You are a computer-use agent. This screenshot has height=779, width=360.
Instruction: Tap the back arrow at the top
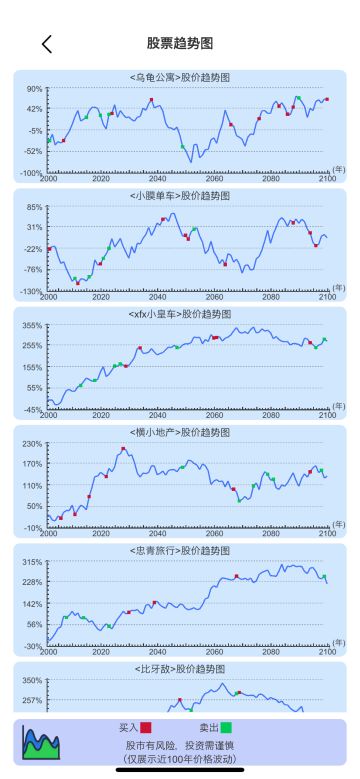coord(46,44)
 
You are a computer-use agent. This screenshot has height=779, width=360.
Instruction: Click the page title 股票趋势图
coord(180,44)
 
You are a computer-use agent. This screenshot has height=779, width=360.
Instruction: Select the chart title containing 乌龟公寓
coord(180,78)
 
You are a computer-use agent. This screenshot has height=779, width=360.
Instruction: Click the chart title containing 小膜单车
coord(180,196)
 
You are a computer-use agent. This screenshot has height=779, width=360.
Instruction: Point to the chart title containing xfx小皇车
coord(180,314)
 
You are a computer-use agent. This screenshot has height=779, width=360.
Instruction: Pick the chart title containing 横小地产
coord(180,432)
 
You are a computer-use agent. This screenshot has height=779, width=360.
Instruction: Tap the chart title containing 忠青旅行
coord(180,550)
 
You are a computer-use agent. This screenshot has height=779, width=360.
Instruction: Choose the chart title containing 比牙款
coord(180,668)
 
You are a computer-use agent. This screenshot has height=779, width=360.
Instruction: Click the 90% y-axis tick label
coord(34,89)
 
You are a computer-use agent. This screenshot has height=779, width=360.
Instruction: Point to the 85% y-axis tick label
coord(34,207)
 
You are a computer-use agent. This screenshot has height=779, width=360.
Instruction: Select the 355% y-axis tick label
coord(32,325)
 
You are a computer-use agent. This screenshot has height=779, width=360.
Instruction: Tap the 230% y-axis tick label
coord(32,443)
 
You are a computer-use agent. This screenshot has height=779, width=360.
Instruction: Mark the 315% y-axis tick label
coord(32,561)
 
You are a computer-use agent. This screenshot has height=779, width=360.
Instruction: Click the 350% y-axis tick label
coord(32,680)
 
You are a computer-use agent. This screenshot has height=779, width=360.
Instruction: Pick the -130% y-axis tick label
coord(30,291)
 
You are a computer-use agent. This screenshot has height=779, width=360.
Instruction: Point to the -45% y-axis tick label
coord(32,409)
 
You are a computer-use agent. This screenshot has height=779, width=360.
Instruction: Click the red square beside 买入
coord(146,728)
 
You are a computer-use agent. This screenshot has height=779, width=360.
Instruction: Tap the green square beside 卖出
coord(226,728)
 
